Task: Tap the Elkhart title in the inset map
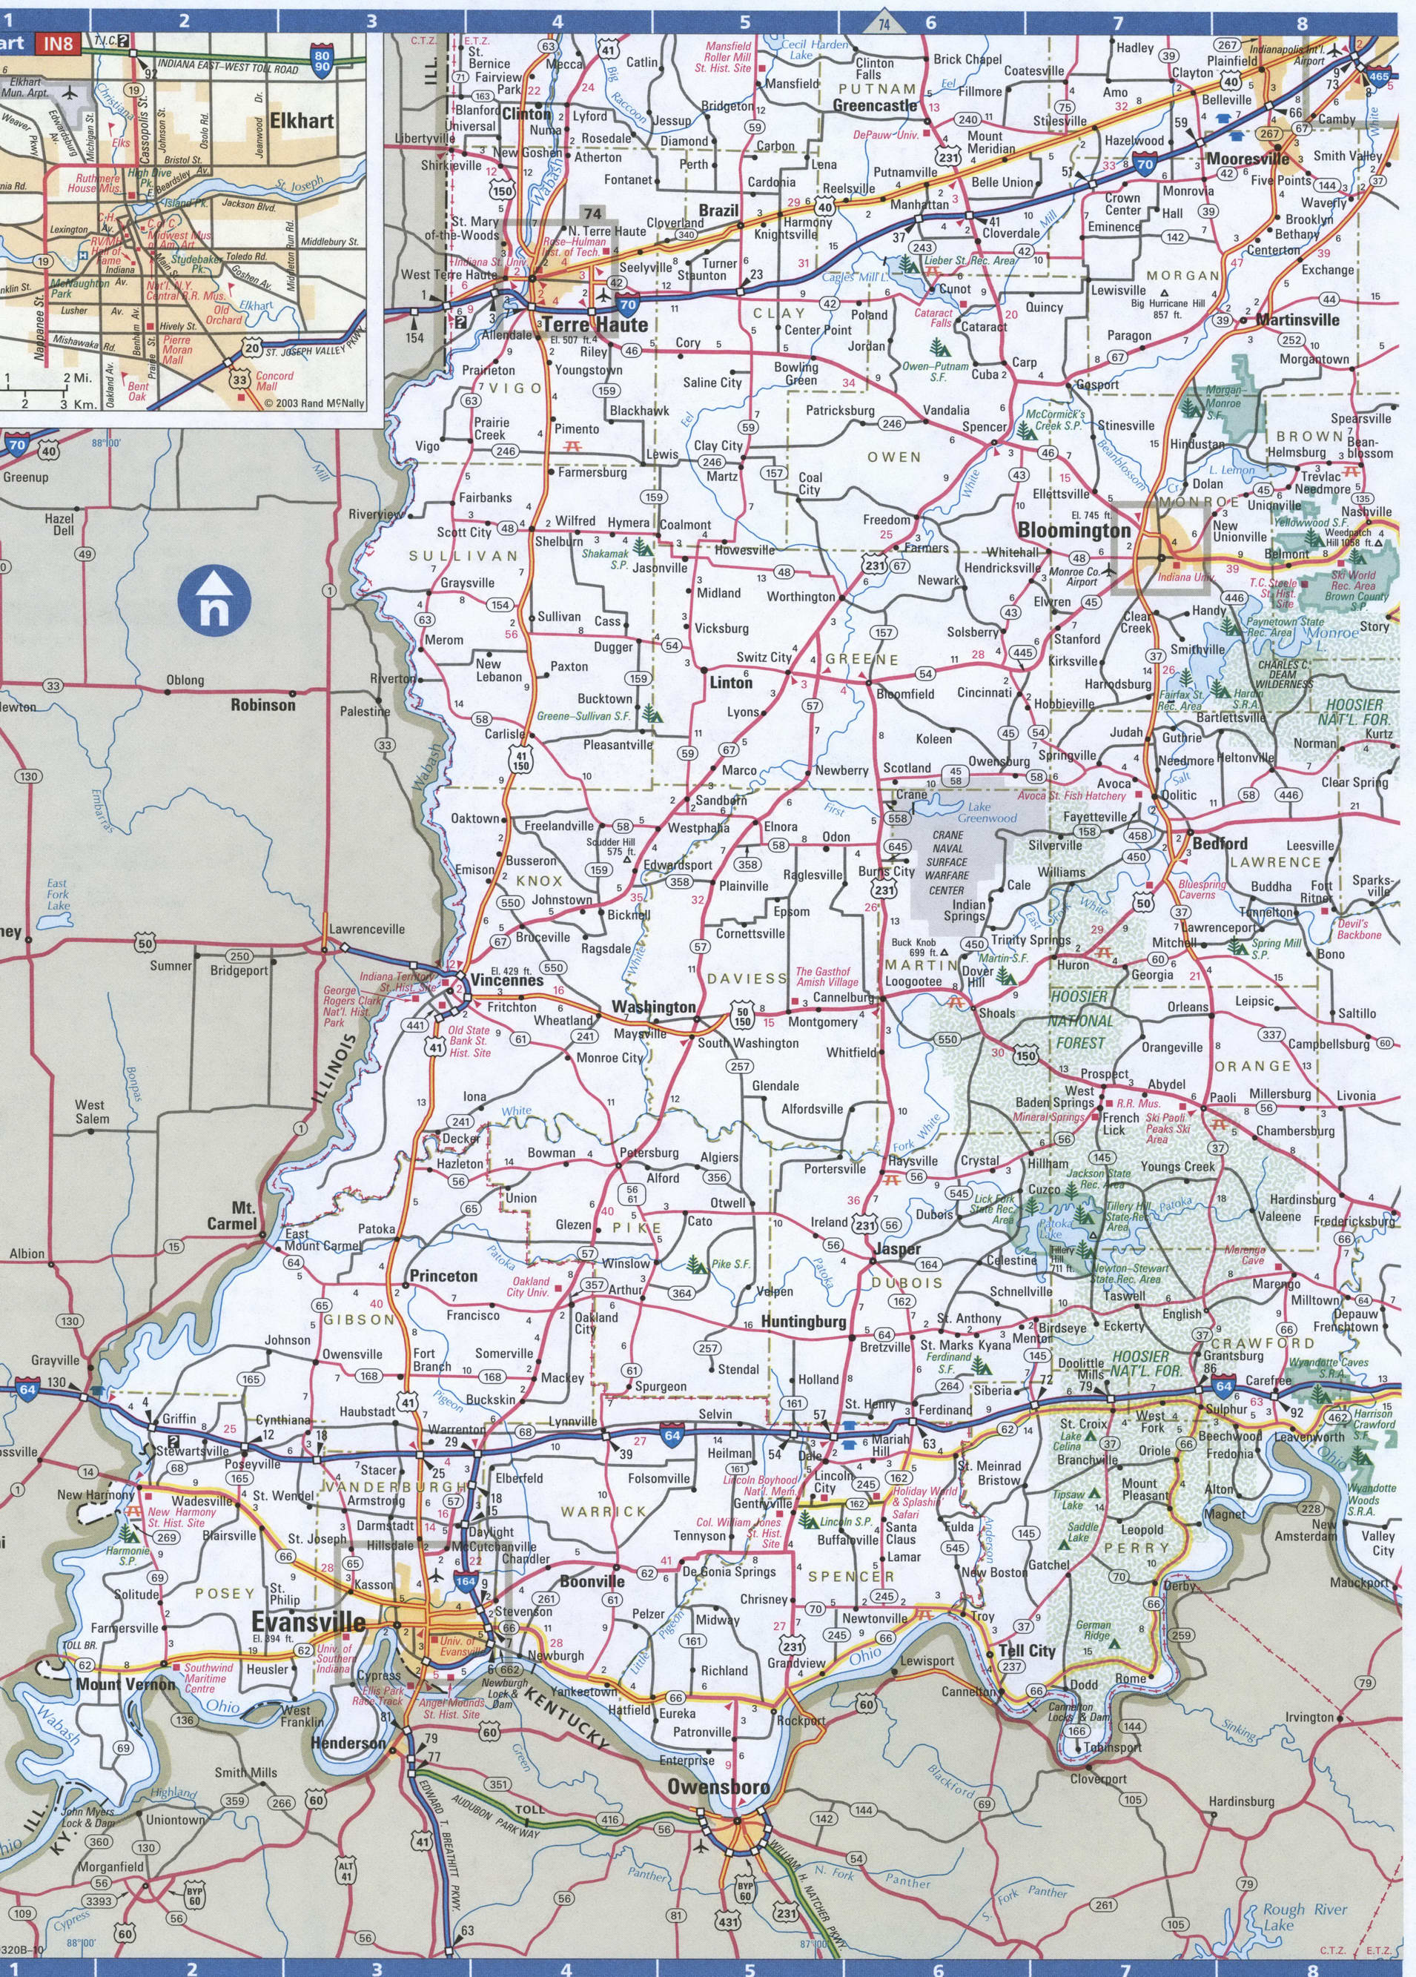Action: point(302,121)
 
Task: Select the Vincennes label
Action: point(506,980)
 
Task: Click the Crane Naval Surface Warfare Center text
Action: point(947,862)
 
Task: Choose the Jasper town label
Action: point(897,1249)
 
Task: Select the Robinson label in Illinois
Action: point(262,704)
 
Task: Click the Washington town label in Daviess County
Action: point(654,1007)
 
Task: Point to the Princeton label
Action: point(444,1275)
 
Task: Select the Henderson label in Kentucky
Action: point(348,1743)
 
